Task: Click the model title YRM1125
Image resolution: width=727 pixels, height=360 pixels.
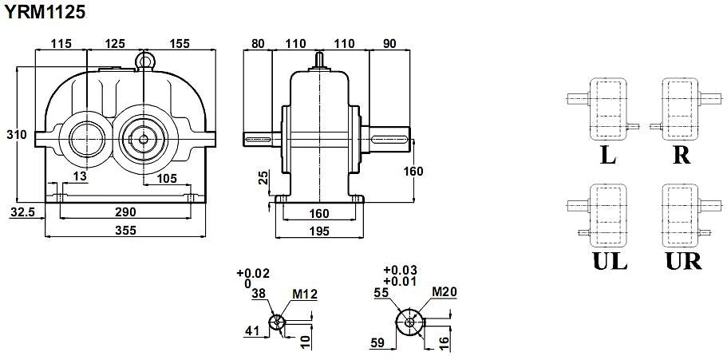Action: click(x=45, y=12)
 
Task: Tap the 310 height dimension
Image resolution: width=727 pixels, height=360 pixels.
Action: click(x=17, y=135)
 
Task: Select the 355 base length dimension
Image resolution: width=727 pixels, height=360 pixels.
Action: click(x=125, y=230)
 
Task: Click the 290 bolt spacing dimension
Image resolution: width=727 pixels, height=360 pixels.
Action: click(x=125, y=212)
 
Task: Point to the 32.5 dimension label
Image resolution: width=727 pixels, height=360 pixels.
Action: click(x=22, y=212)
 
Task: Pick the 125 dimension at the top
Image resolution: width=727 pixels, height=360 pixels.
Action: click(x=115, y=44)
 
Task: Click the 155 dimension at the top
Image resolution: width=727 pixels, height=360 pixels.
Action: click(x=180, y=44)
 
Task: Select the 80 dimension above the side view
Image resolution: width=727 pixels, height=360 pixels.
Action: click(x=257, y=44)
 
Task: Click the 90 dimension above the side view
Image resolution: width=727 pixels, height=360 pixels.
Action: click(x=389, y=44)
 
